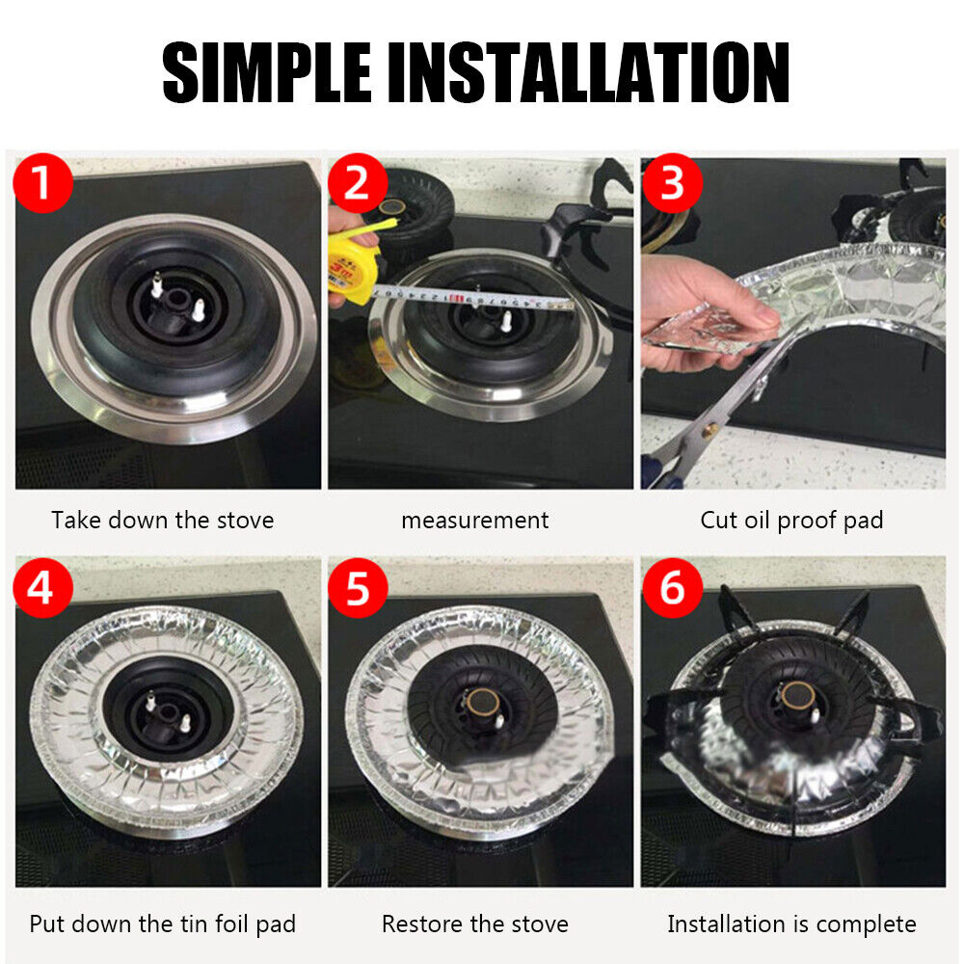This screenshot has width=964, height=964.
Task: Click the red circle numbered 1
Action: coord(40,182)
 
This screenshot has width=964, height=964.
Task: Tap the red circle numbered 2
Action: coord(358,182)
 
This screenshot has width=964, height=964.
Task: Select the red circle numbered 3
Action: coord(672,182)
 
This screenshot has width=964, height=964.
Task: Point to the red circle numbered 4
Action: coord(40,587)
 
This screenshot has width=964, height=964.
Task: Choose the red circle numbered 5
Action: coord(358,587)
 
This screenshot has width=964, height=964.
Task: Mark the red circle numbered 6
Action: coord(672,587)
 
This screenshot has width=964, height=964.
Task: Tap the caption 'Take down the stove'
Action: coord(163,521)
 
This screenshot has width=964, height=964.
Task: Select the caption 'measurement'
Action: coord(475,521)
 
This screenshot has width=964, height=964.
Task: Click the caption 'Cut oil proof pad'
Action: coord(791,521)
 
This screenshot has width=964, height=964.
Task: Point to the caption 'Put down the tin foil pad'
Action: coord(163,924)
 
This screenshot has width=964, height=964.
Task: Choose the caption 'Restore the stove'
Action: coord(475,924)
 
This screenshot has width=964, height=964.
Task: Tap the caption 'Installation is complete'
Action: coord(791,924)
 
